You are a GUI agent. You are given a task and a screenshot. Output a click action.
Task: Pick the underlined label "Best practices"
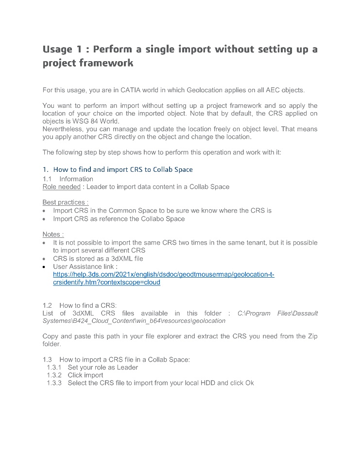pos(65,202)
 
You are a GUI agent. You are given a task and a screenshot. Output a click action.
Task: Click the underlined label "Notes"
pos(52,234)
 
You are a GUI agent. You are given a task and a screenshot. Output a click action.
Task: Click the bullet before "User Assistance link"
pos(45,266)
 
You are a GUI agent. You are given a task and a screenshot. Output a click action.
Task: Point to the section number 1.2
pos(47,305)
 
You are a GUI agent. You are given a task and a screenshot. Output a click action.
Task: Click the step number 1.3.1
pos(54,367)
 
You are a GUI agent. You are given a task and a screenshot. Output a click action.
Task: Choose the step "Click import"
pos(86,375)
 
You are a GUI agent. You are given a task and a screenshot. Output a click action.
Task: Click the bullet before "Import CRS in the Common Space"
pos(45,211)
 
